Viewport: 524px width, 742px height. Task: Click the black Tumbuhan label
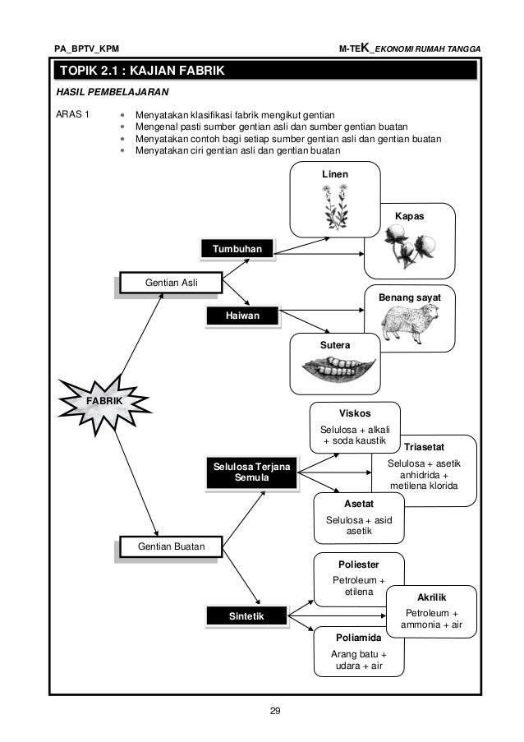click(x=237, y=249)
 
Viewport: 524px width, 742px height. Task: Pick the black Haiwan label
click(x=237, y=315)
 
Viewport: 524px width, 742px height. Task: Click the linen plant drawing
click(x=334, y=207)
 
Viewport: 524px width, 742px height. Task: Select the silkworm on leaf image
click(x=336, y=374)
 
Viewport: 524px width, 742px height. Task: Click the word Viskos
click(x=355, y=413)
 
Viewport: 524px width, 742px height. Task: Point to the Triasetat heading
click(x=424, y=448)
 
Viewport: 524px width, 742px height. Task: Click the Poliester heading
click(x=360, y=565)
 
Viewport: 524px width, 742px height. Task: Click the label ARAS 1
click(x=73, y=113)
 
